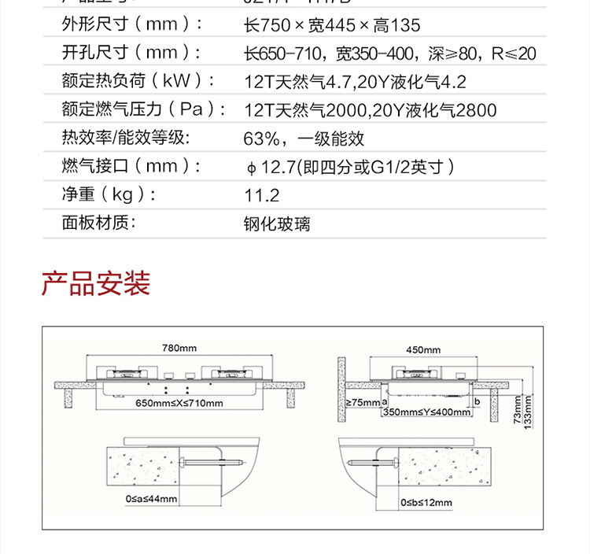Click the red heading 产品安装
point(96,283)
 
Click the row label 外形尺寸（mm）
point(132,25)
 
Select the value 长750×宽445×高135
point(333,26)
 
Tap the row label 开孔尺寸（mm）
point(132,54)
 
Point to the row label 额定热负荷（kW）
point(139,82)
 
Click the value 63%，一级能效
point(304,139)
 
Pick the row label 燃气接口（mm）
point(132,167)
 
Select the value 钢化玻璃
point(277,224)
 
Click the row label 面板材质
point(99,223)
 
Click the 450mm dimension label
point(423,349)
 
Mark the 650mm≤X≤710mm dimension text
point(179,404)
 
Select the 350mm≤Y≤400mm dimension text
point(426,412)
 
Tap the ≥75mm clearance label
point(362,403)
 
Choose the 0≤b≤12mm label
point(426,502)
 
